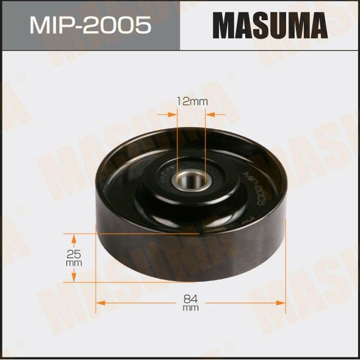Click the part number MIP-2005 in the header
coord(90,25)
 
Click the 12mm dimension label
coord(191,102)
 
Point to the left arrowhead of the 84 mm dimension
coord(100,302)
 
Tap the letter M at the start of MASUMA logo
coord(224,25)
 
